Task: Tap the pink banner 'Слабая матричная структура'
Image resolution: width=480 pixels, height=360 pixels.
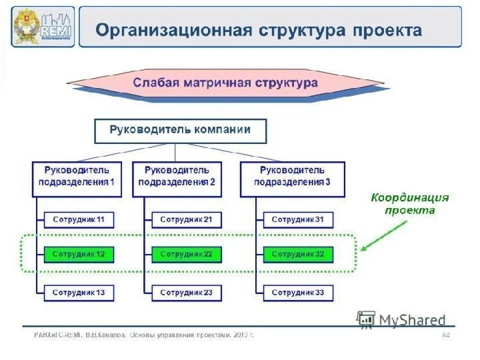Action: pyautogui.click(x=225, y=84)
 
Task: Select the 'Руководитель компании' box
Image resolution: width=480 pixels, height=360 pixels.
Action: pyautogui.click(x=180, y=131)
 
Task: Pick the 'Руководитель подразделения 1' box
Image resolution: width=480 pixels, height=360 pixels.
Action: pyautogui.click(x=77, y=178)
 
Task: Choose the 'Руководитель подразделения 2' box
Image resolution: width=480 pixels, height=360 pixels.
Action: pyautogui.click(x=177, y=178)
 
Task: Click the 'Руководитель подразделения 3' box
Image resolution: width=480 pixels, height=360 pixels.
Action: pyautogui.click(x=292, y=178)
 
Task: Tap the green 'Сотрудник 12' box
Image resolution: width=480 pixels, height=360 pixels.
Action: pyautogui.click(x=79, y=254)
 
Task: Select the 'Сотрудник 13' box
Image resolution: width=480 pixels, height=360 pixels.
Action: pyautogui.click(x=79, y=293)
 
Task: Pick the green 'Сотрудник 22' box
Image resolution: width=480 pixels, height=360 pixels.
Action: pyautogui.click(x=186, y=254)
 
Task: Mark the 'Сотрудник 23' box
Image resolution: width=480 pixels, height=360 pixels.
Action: pyautogui.click(x=186, y=293)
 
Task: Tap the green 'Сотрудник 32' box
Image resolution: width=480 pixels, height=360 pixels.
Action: pyautogui.click(x=298, y=254)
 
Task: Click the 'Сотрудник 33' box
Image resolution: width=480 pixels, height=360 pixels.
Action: pyautogui.click(x=298, y=293)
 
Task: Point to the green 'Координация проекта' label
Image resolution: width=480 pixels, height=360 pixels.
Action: pyautogui.click(x=410, y=204)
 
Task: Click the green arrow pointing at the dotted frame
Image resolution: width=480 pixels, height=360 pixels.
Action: pyautogui.click(x=385, y=235)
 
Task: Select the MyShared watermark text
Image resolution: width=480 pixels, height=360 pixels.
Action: pyautogui.click(x=412, y=321)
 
